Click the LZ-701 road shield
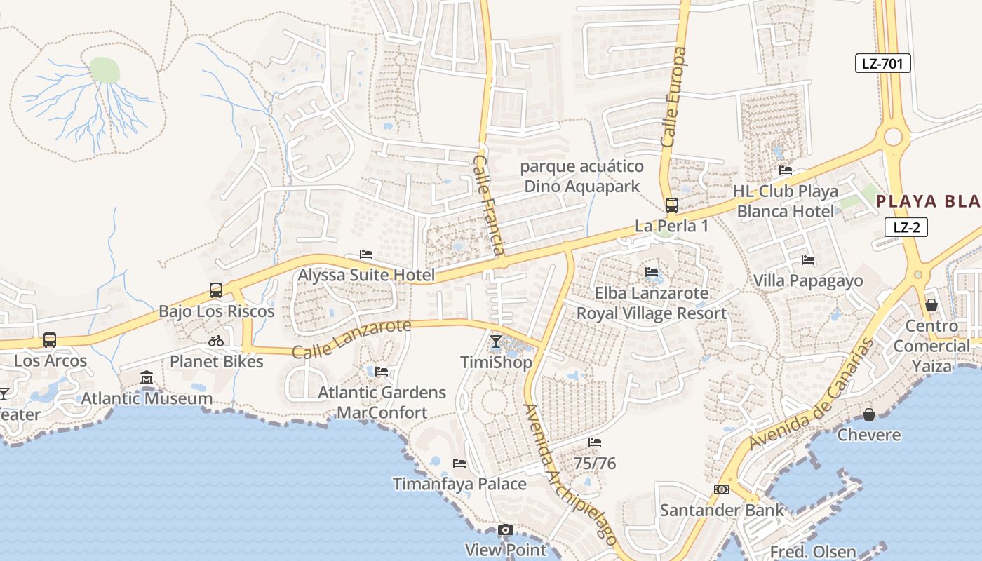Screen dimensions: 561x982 pyautogui.click(x=882, y=64)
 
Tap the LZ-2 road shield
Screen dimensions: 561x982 pyautogui.click(x=906, y=227)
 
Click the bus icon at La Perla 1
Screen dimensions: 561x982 pyautogui.click(x=671, y=205)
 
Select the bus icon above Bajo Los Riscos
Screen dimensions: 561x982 pyautogui.click(x=216, y=290)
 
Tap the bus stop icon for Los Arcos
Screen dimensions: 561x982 pyautogui.click(x=49, y=340)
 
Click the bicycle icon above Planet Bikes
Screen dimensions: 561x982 pyautogui.click(x=216, y=342)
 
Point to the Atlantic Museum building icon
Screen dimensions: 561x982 pyautogui.click(x=147, y=378)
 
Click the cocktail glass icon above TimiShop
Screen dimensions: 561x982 pyautogui.click(x=496, y=342)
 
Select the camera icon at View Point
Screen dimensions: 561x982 pyautogui.click(x=505, y=530)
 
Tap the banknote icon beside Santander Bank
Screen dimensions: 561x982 pyautogui.click(x=721, y=489)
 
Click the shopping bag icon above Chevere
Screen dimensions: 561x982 pyautogui.click(x=869, y=414)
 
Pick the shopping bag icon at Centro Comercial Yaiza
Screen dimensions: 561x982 pyautogui.click(x=931, y=305)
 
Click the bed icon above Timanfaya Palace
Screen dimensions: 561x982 pyautogui.click(x=459, y=464)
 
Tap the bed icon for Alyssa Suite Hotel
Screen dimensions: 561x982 pyautogui.click(x=366, y=255)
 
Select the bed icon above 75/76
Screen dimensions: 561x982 pyautogui.click(x=595, y=442)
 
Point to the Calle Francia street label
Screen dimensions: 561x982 pyautogui.click(x=489, y=205)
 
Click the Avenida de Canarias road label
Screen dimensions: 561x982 pyautogui.click(x=812, y=395)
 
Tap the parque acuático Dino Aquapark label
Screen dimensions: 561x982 pyautogui.click(x=581, y=176)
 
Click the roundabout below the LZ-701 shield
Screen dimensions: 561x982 pyautogui.click(x=893, y=136)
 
